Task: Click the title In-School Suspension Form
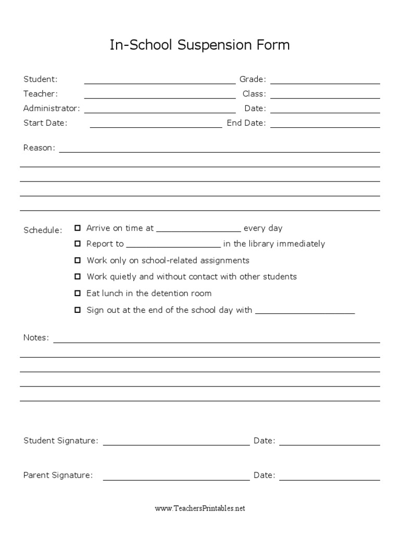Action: point(199,46)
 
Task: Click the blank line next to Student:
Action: point(160,80)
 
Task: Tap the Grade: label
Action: point(253,79)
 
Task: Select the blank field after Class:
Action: point(325,95)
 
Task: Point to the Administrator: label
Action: point(52,108)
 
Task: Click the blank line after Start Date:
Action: point(156,124)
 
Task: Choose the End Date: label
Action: point(246,123)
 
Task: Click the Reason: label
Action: point(39,148)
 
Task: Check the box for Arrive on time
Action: point(78,228)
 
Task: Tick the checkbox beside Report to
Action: point(78,244)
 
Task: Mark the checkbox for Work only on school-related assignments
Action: point(78,260)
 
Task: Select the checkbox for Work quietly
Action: point(78,276)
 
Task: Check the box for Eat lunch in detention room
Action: point(78,293)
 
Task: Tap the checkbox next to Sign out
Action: point(78,310)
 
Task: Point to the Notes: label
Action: point(36,338)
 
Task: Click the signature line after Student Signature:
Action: point(177,442)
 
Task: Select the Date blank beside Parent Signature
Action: point(330,477)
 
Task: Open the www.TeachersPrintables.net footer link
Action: point(199,508)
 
